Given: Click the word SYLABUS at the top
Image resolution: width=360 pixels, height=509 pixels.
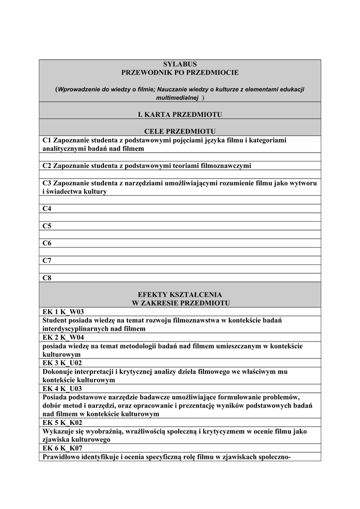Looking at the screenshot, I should coord(180,64).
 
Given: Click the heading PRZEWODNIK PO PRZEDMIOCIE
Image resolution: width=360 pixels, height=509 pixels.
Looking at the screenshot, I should coord(180,73).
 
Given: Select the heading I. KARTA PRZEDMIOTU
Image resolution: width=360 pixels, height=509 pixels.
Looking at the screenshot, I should coord(180,115).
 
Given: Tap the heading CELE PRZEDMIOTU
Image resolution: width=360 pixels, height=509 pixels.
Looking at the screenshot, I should coord(180,131).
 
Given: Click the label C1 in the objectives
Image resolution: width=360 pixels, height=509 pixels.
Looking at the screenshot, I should coord(47,141).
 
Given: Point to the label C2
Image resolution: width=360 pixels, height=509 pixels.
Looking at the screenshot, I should coord(47,166).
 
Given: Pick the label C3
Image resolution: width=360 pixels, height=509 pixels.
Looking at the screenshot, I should coord(47,183).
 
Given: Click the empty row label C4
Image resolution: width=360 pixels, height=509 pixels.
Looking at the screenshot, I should coord(47,209).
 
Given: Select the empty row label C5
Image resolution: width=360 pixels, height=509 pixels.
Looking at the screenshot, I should coord(47,226).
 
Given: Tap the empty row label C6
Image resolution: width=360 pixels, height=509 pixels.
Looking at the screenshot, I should coord(47,244).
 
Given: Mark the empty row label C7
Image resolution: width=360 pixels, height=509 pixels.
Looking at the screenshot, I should coord(47,260).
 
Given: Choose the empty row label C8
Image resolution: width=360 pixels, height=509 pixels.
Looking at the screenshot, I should coord(47,278).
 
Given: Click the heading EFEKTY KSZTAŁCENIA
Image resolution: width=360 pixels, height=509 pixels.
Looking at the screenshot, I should coord(180,295).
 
